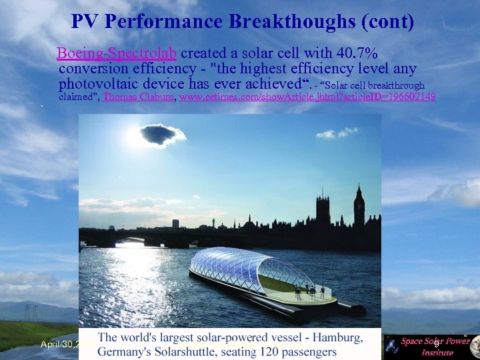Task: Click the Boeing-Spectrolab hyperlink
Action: pos(117,53)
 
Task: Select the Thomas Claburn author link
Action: pos(139,97)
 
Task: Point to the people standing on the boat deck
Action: pos(311,291)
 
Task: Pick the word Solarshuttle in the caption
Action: pos(183,352)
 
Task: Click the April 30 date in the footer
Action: pos(59,344)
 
